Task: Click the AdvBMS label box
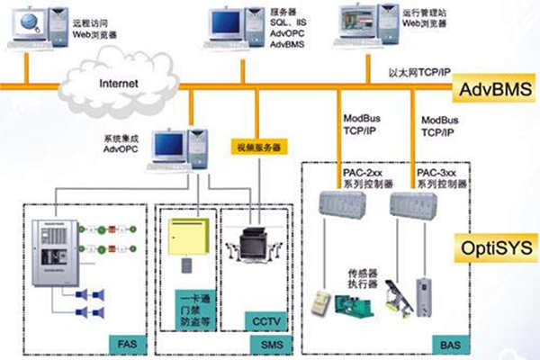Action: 494,89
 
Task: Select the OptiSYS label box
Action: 494,246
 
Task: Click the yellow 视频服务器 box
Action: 258,145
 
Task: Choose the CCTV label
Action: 262,320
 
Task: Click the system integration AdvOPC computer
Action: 174,152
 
